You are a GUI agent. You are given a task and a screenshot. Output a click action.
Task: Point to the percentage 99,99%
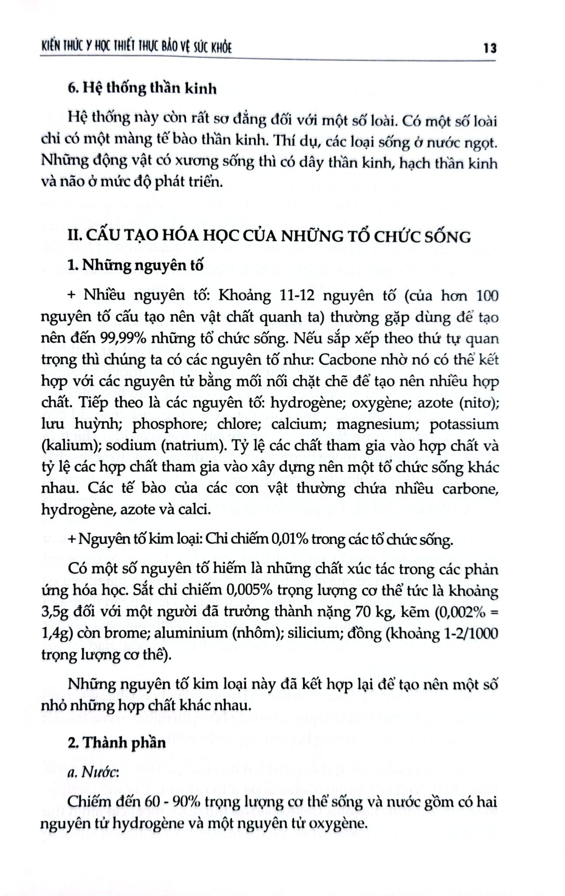[x=104, y=338]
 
